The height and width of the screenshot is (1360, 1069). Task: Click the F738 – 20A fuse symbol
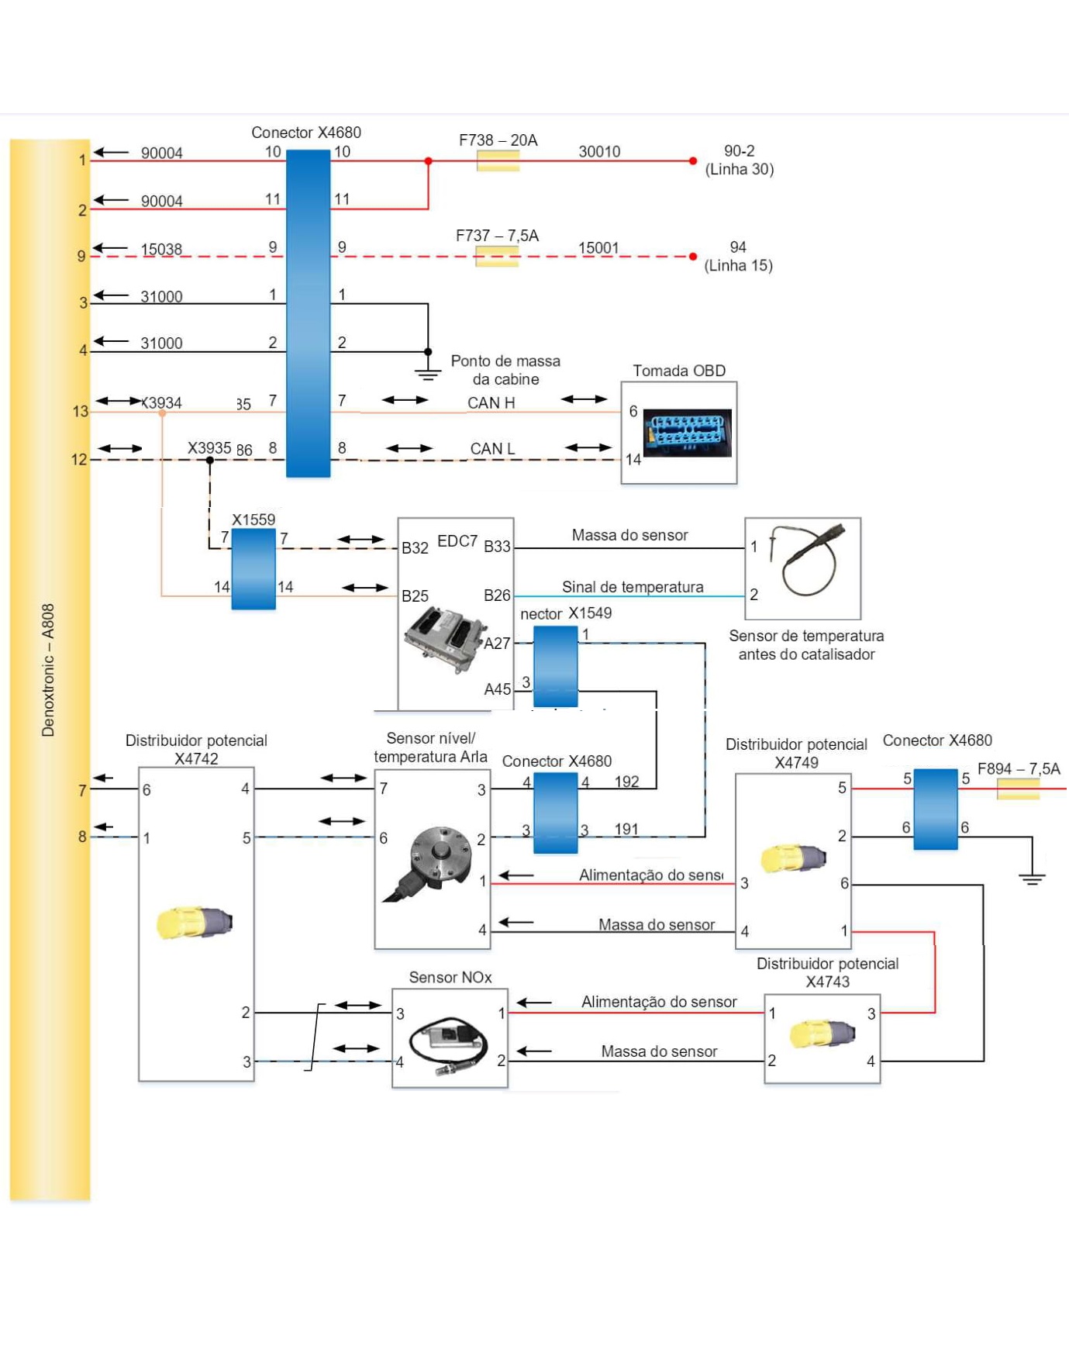pos(498,161)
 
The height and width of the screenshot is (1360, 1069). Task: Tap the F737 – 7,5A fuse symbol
pos(497,256)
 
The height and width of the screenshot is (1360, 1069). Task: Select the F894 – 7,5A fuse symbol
pos(1018,789)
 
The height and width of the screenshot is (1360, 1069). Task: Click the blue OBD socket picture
pos(687,433)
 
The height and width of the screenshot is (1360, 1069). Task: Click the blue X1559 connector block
pos(253,569)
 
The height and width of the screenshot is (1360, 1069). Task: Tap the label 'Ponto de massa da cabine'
pos(505,370)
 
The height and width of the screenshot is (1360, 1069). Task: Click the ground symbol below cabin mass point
pos(427,374)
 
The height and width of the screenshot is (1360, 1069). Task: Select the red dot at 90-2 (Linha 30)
pos(693,161)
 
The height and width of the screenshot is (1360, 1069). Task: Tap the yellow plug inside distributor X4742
pos(194,923)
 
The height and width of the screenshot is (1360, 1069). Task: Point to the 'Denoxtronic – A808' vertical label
pos(48,670)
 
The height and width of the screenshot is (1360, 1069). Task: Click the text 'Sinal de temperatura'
pos(633,587)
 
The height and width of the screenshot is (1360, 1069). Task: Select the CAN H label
pos(491,402)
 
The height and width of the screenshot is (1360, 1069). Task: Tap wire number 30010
pos(599,152)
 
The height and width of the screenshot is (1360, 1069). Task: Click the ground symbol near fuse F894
pos(1032,878)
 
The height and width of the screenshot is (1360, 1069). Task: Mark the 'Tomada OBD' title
pos(679,371)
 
